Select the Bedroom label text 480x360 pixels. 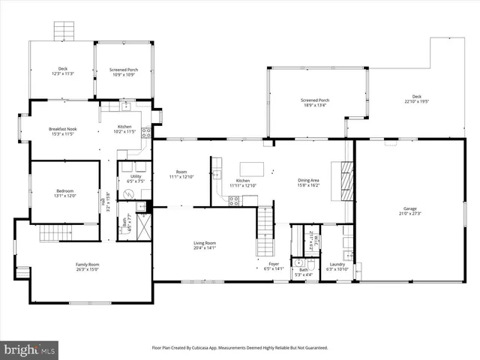65,193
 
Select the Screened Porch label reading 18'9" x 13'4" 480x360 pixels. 315,102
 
